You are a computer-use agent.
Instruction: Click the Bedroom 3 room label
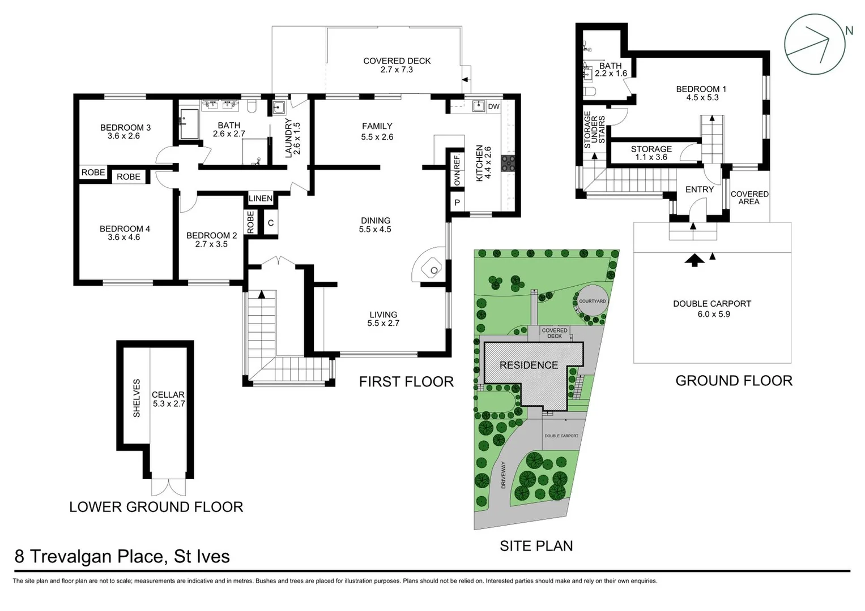(125, 131)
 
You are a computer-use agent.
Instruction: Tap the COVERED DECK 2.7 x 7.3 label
(397, 65)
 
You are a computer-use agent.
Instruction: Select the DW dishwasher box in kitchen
(493, 106)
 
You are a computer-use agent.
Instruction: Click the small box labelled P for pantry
(457, 203)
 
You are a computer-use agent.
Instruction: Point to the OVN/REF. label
(457, 170)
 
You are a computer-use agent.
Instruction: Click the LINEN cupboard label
(261, 199)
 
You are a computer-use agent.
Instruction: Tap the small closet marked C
(271, 223)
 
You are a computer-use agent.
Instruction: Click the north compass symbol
(815, 44)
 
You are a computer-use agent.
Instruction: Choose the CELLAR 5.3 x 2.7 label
(168, 399)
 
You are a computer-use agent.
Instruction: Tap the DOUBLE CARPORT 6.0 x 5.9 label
(712, 308)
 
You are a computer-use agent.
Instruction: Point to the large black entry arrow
(694, 260)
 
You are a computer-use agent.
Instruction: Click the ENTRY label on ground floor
(699, 190)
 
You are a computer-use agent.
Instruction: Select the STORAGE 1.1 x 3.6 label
(651, 153)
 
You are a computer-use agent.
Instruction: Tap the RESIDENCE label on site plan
(529, 365)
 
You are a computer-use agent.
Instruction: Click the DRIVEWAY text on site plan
(502, 475)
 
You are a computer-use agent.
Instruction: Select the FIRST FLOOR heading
(406, 382)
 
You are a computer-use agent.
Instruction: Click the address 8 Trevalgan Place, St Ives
(122, 556)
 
